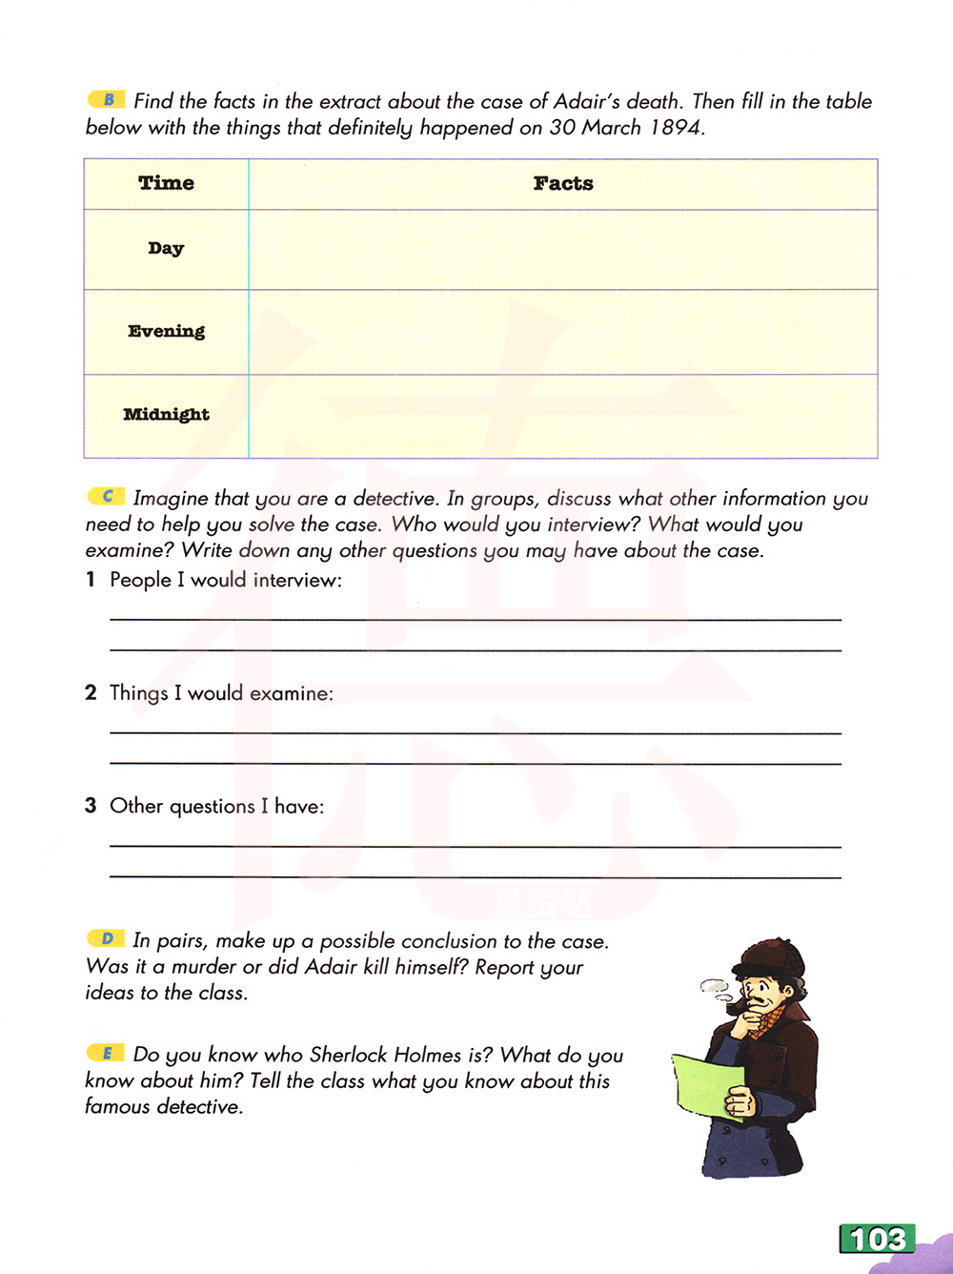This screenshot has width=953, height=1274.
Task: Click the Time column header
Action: click(166, 183)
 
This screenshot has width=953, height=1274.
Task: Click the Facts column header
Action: click(563, 183)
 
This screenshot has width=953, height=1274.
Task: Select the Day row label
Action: click(166, 248)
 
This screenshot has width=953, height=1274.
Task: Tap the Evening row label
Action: click(166, 331)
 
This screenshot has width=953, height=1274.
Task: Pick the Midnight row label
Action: click(166, 414)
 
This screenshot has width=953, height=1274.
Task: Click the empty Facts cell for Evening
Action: click(562, 332)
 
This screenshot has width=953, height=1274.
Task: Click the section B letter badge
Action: click(107, 99)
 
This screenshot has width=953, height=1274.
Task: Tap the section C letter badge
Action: click(107, 496)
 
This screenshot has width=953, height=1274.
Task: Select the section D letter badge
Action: click(107, 939)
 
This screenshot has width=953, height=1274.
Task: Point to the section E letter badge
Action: click(107, 1053)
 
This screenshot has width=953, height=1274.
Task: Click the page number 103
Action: click(877, 1239)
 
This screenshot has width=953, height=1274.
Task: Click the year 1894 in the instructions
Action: click(675, 128)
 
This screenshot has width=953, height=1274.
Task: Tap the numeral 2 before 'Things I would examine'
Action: click(91, 692)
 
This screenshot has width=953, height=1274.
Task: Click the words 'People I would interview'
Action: click(225, 580)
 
